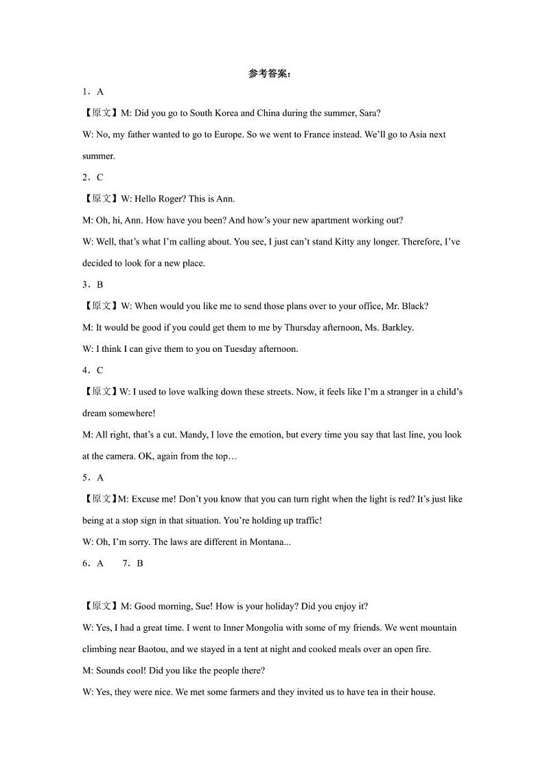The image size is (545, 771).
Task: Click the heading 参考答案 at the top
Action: [269, 74]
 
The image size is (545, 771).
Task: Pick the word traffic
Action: [306, 521]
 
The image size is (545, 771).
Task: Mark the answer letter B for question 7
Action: [140, 563]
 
